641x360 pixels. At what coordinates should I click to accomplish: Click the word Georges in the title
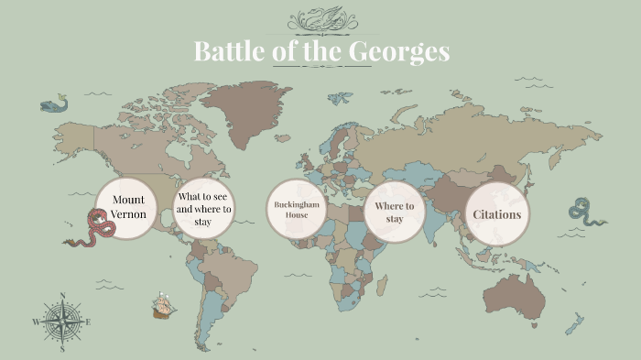tap(399, 52)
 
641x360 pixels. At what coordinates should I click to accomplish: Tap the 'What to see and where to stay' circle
tap(205, 208)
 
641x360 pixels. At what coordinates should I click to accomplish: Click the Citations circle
tap(496, 214)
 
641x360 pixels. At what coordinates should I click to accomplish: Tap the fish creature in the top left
tap(54, 104)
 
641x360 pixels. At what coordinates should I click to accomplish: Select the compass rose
tap(62, 322)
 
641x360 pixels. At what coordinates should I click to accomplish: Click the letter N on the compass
tap(62, 296)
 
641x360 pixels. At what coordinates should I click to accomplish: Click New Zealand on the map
tap(575, 323)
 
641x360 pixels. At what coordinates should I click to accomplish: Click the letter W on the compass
tap(37, 322)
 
